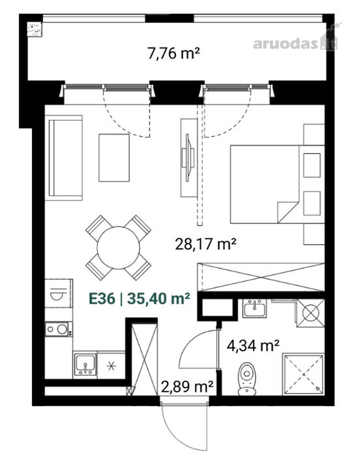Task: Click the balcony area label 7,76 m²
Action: point(174,53)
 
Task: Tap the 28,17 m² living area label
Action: point(205,244)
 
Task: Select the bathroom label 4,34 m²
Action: point(253,345)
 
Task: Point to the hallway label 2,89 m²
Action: point(187,386)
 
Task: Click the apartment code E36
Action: point(102,299)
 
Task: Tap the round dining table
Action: point(118,248)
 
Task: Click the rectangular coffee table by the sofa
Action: point(114,158)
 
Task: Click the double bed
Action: point(277,184)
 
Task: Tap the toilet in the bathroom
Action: point(247,379)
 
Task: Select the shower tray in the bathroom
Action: point(304,375)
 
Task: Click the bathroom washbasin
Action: point(254,309)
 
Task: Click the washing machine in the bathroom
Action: point(310,313)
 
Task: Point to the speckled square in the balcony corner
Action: point(35,30)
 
